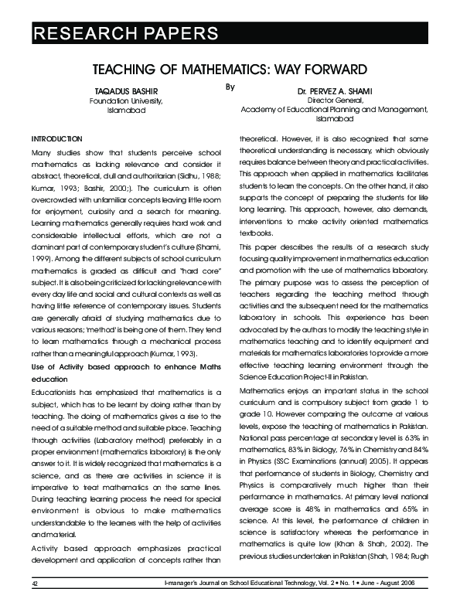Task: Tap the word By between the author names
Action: (229, 87)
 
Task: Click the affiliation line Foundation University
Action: (125, 101)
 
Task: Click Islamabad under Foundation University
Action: (125, 111)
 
